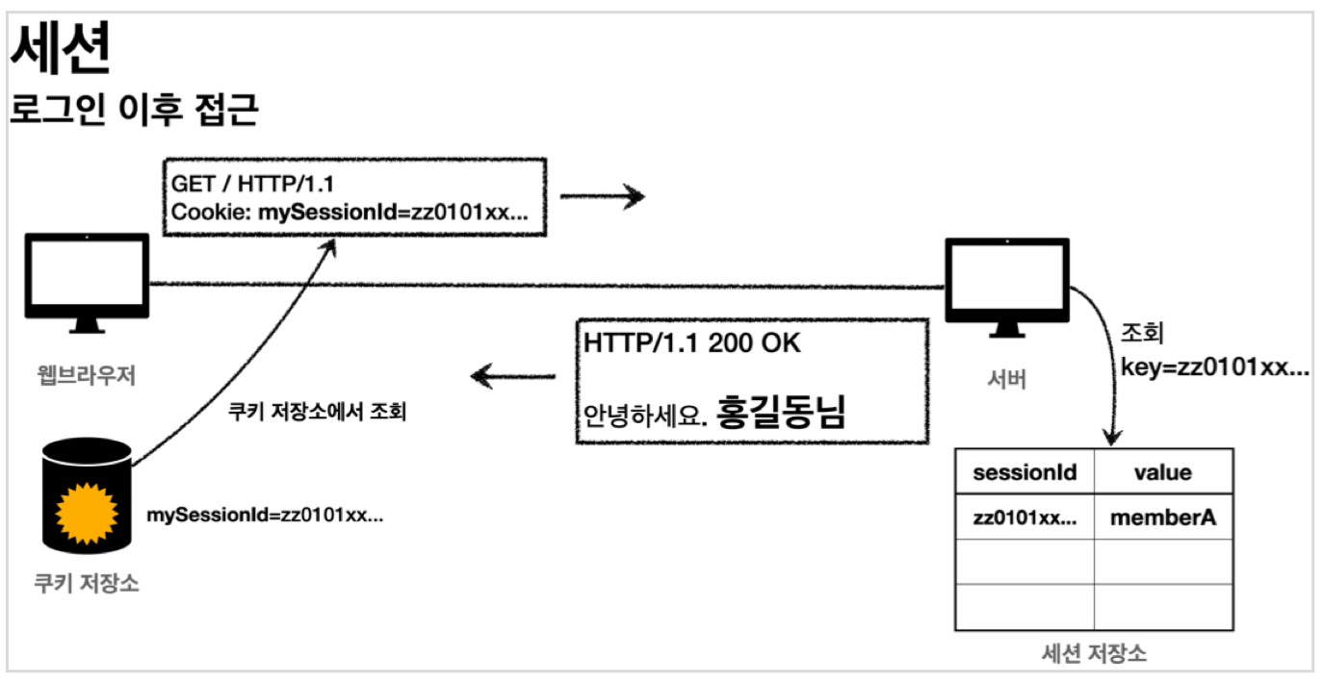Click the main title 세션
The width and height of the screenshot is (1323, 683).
tap(60, 50)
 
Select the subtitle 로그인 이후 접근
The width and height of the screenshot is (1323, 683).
tap(134, 112)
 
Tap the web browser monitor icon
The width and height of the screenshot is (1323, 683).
tap(87, 278)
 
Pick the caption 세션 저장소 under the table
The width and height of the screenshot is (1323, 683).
tap(1094, 653)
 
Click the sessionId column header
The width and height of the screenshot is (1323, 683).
tap(1025, 472)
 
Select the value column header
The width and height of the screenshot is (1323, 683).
tap(1163, 472)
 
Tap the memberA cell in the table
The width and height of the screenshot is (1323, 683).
tap(1163, 518)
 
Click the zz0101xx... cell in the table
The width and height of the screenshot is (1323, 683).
tap(1025, 518)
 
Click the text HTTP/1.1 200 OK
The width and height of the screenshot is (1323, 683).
tap(691, 343)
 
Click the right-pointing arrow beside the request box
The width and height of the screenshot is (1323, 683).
tap(602, 198)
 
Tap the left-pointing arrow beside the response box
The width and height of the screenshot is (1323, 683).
tap(515, 376)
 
